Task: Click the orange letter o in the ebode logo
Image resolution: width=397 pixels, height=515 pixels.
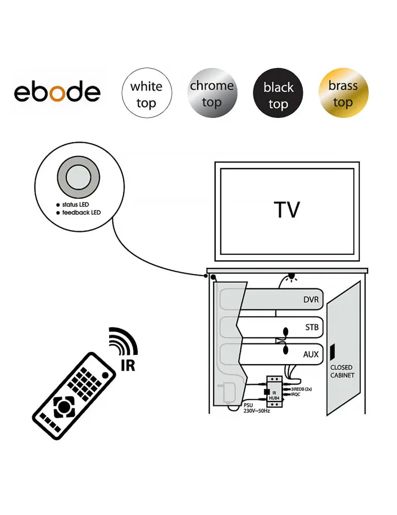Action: tap(58, 93)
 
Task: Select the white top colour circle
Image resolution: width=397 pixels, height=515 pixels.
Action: tap(146, 93)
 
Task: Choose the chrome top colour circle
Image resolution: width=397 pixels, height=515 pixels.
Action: tap(212, 93)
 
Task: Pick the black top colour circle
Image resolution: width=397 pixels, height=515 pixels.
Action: tap(278, 93)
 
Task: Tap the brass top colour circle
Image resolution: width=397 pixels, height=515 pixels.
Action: tap(343, 93)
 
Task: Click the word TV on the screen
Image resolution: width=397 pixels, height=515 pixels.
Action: tap(287, 210)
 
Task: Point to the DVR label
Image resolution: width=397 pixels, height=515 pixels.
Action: tap(310, 300)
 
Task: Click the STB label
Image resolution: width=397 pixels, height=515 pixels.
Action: tap(312, 327)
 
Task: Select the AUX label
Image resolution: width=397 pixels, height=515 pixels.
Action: tap(310, 354)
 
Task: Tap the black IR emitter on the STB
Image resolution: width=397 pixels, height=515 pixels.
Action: tap(286, 331)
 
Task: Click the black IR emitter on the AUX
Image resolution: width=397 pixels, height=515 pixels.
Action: tap(286, 350)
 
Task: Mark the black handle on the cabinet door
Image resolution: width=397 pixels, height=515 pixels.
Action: tap(332, 352)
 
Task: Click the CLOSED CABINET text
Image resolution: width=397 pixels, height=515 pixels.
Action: tap(342, 371)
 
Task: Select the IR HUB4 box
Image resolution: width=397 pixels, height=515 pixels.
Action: tap(274, 391)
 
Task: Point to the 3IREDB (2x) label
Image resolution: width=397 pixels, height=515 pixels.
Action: tap(301, 389)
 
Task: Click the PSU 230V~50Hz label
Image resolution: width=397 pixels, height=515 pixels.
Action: tap(256, 408)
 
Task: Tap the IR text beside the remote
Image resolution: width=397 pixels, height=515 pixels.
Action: tap(128, 365)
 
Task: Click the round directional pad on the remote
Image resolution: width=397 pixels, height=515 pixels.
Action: tap(63, 407)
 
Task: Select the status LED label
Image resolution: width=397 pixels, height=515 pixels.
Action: tap(75, 204)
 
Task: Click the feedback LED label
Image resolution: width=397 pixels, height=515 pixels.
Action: tap(81, 213)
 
